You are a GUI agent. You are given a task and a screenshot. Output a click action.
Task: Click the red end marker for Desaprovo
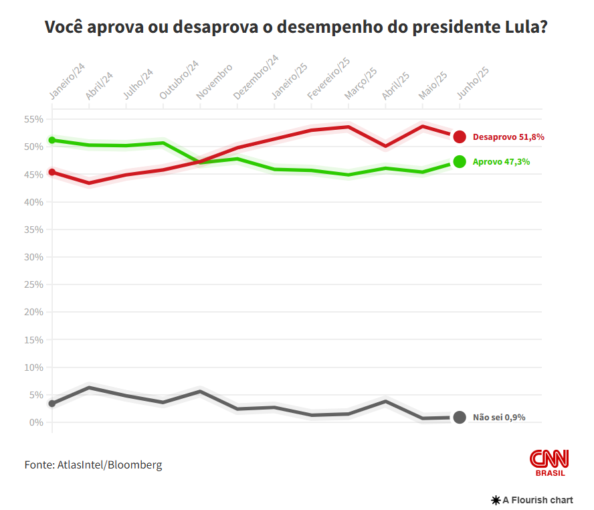coord(460,137)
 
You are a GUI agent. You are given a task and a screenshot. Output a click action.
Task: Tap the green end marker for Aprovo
coord(460,161)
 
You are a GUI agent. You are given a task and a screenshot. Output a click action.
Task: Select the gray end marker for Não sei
coord(460,417)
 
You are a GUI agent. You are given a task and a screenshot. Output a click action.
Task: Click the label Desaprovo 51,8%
coord(508,137)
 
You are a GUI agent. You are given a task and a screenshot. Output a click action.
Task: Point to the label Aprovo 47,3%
coord(501,161)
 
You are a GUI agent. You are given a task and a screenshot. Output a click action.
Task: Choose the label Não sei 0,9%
coord(499,417)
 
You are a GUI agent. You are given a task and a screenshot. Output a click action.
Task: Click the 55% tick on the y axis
coord(33,119)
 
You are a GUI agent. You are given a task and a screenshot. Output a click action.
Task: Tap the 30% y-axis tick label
coord(33,257)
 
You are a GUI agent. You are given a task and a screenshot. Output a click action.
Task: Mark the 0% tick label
coord(36,422)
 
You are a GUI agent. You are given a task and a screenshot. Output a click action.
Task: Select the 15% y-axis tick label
coord(33,340)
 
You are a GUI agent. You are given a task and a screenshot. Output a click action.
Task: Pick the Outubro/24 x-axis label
coord(179,80)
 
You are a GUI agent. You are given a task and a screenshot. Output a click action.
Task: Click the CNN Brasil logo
coord(549,462)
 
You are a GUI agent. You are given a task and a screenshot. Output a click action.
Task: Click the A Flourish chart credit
coord(533,500)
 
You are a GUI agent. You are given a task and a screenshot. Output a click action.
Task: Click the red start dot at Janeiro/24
coord(52,172)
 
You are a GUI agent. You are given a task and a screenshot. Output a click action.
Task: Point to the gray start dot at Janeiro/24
coord(52,404)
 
